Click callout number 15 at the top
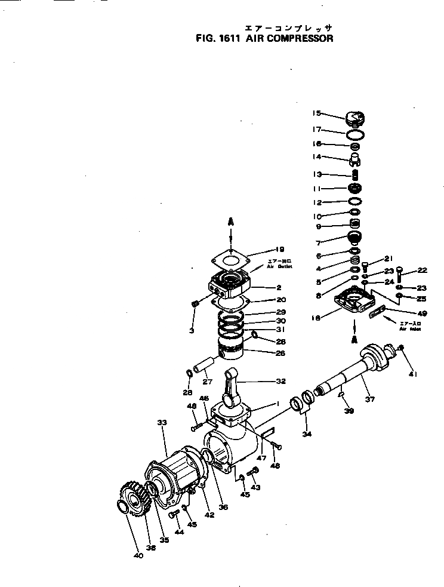[x=317, y=113]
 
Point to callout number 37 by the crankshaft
[x=369, y=399]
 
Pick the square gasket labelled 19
[x=232, y=258]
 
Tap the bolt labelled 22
[x=399, y=275]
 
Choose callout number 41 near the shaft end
[x=412, y=374]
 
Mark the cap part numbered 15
[x=354, y=118]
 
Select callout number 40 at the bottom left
[x=138, y=555]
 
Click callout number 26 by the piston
[x=264, y=352]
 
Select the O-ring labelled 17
[x=354, y=133]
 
